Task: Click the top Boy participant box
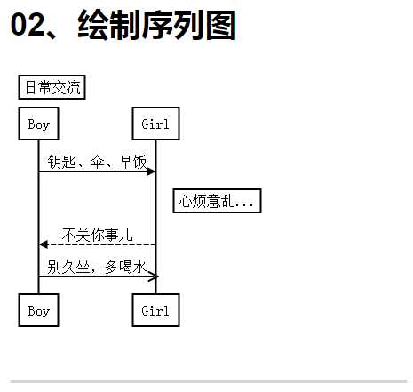(x=38, y=124)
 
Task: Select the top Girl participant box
(x=155, y=124)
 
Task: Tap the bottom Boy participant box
(x=38, y=310)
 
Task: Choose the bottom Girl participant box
(x=155, y=310)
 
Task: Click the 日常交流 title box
(x=52, y=87)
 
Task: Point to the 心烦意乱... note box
(x=217, y=201)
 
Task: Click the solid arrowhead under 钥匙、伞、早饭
(x=151, y=172)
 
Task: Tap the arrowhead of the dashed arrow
(x=44, y=244)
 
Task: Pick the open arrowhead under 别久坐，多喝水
(x=154, y=276)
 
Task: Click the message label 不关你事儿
(x=98, y=235)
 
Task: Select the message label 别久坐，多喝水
(x=97, y=267)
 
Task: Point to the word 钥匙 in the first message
(x=61, y=162)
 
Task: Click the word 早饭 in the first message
(x=132, y=162)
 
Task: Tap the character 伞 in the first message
(x=97, y=162)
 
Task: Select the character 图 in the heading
(x=221, y=25)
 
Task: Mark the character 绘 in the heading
(x=92, y=25)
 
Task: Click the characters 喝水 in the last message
(x=132, y=267)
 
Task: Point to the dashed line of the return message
(x=98, y=244)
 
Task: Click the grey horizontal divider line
(x=209, y=381)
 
